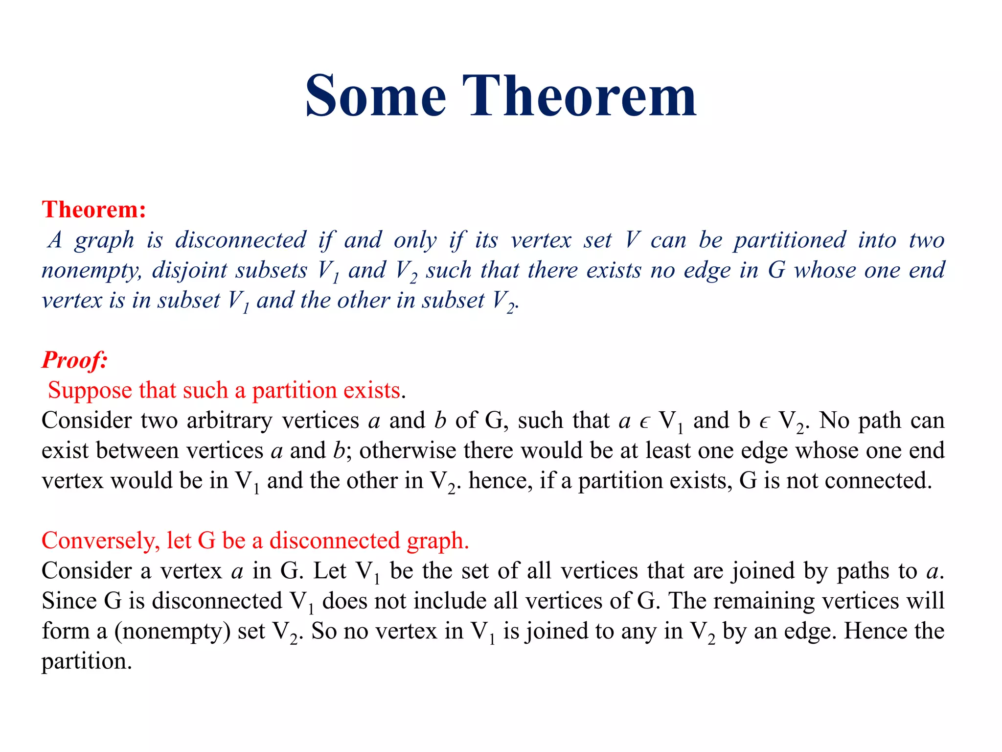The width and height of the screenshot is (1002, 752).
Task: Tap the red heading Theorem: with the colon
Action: coord(94,210)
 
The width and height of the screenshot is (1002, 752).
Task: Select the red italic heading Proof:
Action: coord(74,360)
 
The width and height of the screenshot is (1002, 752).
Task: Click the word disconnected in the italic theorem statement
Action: coord(241,240)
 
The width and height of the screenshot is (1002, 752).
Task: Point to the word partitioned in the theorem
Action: coord(790,240)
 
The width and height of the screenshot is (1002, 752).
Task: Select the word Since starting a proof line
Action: coord(69,601)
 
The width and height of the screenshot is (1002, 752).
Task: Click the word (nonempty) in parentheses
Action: coord(172,631)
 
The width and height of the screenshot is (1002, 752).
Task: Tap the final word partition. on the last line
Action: coord(87,661)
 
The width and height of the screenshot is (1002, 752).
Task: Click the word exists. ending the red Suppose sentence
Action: coord(374,391)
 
